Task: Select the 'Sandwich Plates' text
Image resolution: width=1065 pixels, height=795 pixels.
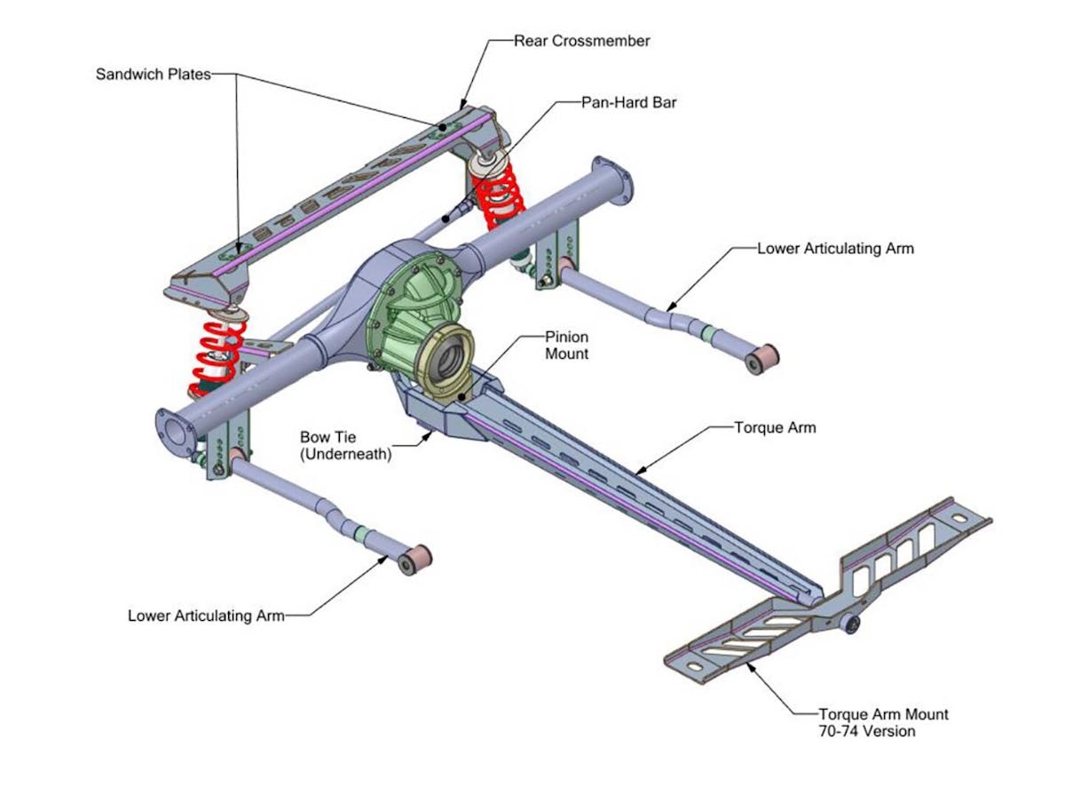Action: point(153,75)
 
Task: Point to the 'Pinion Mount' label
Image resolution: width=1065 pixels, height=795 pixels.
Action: point(566,346)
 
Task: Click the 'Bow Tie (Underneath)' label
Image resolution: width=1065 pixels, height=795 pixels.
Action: point(346,445)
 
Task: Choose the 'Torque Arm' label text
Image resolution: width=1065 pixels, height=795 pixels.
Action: point(775,427)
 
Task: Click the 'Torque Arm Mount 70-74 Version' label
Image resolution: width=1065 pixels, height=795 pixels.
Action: point(883,722)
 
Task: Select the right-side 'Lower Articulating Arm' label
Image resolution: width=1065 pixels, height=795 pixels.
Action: point(835,249)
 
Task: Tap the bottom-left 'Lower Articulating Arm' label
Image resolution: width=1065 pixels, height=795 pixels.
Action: point(206,615)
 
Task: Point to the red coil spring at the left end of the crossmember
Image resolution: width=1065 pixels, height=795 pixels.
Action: point(215,355)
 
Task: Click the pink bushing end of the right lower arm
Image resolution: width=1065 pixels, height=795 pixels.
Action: point(762,360)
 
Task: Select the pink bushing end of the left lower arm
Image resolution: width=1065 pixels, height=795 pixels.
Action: point(414,560)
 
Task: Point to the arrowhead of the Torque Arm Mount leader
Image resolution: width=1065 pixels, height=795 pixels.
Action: point(751,664)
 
